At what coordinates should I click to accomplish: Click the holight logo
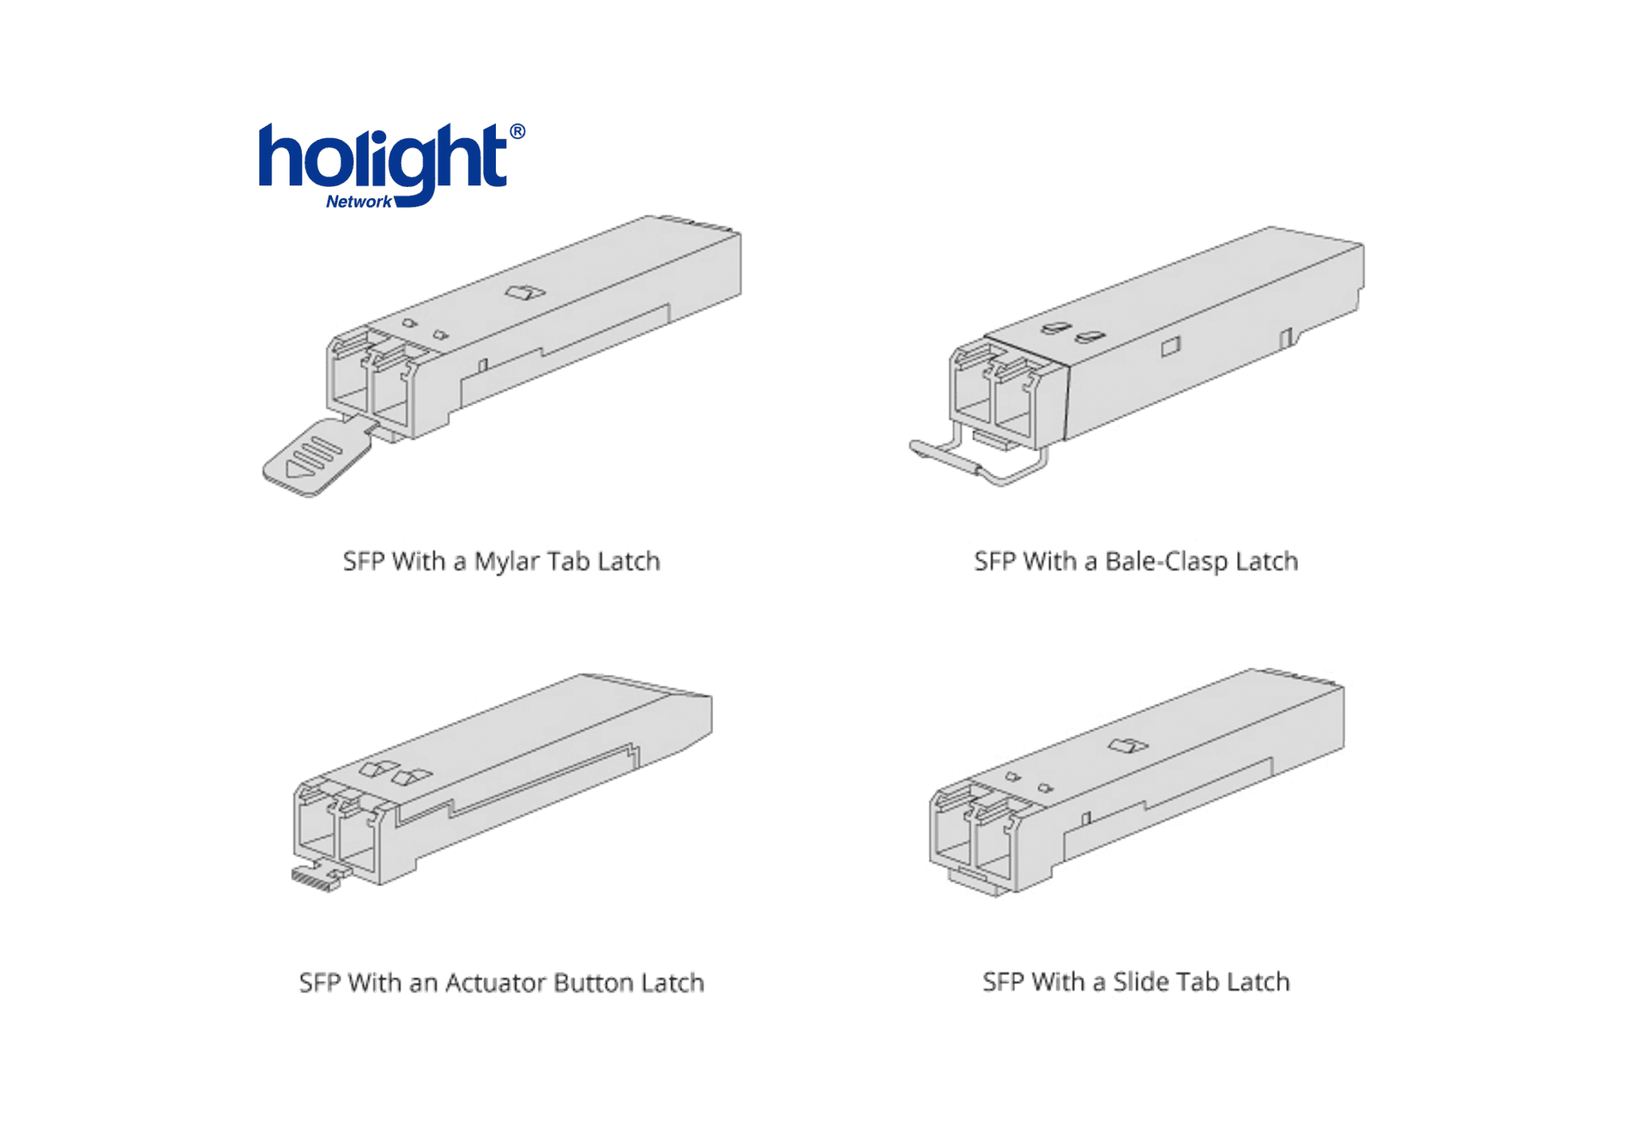(391, 166)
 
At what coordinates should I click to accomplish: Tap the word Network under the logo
(359, 201)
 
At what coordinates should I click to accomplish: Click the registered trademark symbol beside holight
(517, 131)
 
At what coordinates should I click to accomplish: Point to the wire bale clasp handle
(979, 458)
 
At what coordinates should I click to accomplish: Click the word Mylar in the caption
(507, 562)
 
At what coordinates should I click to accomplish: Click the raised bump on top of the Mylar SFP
(525, 292)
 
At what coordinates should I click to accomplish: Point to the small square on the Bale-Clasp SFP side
(1171, 346)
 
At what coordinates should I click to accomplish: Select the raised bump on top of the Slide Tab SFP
(1128, 746)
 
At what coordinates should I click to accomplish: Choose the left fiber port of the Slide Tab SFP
(951, 831)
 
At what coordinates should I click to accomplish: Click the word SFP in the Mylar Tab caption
(364, 562)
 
